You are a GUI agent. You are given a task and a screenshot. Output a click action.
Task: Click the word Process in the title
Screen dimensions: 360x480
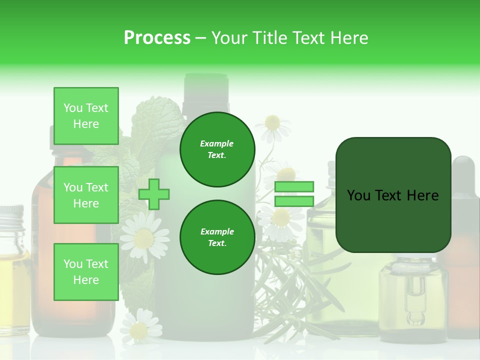point(157,38)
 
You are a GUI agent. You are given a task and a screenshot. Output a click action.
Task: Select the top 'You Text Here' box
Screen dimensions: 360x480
point(86,116)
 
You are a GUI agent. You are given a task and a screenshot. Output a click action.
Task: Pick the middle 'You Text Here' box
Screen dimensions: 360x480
point(86,195)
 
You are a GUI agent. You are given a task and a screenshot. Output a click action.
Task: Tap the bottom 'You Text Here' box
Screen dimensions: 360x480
point(86,271)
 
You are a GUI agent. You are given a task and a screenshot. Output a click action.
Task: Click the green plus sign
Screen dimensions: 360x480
point(154,194)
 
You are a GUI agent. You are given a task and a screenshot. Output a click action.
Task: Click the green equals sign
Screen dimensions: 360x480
point(294,194)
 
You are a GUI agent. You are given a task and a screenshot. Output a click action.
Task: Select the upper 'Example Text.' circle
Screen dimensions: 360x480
point(217,149)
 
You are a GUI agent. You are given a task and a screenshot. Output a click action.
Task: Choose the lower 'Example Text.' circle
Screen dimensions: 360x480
point(217,237)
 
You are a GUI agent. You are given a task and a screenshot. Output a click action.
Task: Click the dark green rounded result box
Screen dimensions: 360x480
point(393,195)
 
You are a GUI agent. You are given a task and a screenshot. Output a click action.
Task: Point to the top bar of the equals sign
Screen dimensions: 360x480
point(294,187)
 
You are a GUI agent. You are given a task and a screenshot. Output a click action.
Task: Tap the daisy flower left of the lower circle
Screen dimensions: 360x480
point(144,236)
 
